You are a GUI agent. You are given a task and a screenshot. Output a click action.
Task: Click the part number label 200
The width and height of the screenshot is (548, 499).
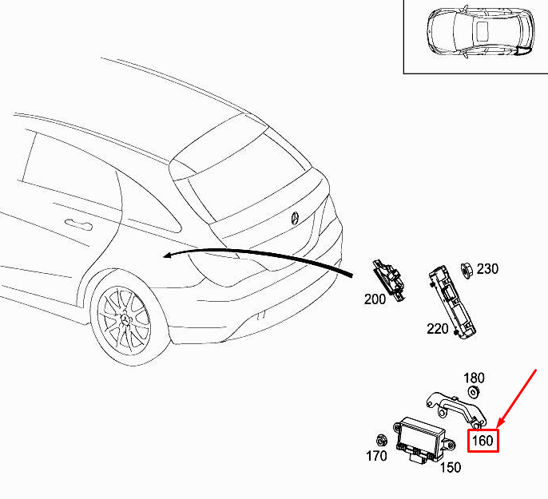tap(375, 299)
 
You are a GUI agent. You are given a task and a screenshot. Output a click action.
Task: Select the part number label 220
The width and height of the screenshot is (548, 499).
tap(437, 329)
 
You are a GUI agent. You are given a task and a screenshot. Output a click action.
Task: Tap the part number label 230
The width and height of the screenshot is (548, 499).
tap(487, 269)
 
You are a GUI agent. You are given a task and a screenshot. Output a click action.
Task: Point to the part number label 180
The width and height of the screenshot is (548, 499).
tap(474, 378)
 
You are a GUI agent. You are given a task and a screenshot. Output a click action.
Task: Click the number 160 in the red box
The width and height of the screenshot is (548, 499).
tap(482, 441)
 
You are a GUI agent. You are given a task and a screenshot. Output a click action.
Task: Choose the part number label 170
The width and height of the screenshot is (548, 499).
tap(376, 456)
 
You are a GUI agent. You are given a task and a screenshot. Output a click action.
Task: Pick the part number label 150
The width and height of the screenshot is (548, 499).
tap(451, 467)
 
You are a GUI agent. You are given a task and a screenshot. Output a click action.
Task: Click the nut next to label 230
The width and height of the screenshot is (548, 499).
tap(467, 271)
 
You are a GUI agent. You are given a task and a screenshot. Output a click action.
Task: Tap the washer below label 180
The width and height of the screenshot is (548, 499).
tap(473, 392)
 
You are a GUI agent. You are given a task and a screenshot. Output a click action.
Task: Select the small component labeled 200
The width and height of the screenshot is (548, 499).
tap(389, 279)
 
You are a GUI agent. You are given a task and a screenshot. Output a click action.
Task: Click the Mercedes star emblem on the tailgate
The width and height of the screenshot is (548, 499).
tap(296, 218)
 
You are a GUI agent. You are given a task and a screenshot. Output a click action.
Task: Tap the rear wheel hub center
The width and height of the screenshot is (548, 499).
tap(125, 320)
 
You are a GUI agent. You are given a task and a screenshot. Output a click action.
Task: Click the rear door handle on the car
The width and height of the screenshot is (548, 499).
tap(79, 224)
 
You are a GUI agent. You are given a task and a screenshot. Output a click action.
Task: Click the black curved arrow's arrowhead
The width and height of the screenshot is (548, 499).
tap(169, 255)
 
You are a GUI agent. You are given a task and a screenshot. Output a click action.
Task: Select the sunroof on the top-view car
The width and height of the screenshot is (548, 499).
tap(482, 30)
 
